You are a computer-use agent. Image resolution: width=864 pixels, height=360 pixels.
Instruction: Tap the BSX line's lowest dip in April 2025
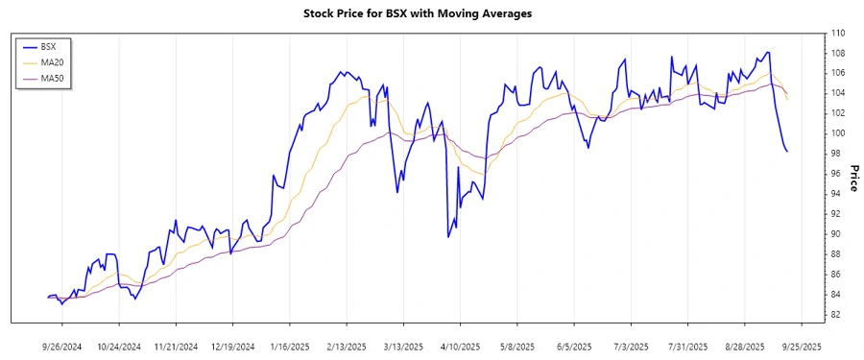click(449, 236)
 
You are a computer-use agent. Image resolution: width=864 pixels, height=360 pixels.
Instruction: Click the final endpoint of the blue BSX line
click(787, 151)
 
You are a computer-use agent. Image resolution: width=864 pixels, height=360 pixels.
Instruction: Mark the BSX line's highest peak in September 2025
click(768, 52)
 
